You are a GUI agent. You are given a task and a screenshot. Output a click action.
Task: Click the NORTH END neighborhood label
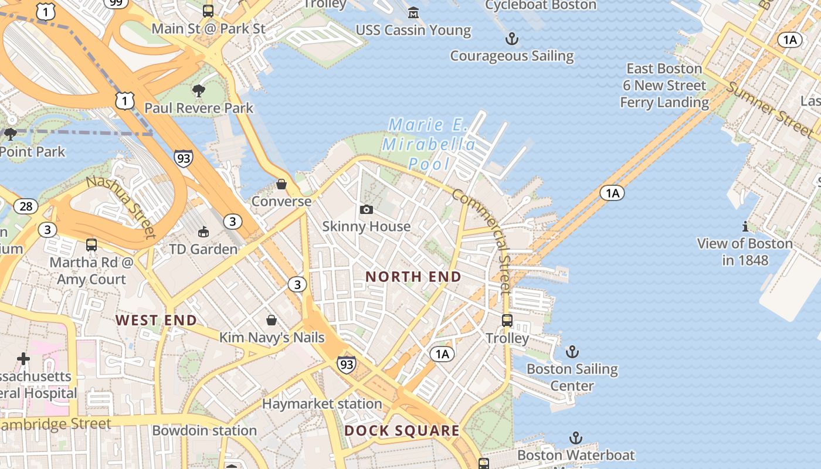413,276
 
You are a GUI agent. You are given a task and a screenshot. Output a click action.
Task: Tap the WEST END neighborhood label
156,320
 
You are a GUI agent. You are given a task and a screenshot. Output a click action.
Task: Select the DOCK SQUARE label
402,431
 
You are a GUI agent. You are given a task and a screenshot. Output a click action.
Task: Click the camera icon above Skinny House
367,209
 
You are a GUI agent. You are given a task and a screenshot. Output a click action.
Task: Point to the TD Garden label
203,249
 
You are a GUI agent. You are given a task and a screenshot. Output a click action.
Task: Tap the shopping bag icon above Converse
281,184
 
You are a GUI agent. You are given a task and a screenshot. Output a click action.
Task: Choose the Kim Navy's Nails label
272,338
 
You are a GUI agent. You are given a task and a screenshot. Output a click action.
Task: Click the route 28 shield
26,206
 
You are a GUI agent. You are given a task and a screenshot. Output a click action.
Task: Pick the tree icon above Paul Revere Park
199,90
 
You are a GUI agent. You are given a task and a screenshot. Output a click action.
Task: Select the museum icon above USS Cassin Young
413,12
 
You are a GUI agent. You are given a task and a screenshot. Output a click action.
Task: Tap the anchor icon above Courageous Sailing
512,39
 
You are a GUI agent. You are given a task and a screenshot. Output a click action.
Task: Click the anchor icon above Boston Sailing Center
572,352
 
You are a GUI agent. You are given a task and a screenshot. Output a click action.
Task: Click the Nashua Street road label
121,206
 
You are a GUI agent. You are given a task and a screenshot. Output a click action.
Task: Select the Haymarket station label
322,404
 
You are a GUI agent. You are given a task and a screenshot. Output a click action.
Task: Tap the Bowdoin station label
204,430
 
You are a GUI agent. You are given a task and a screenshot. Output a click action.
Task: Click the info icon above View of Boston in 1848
745,226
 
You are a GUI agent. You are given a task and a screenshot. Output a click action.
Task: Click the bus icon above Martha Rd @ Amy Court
91,244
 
